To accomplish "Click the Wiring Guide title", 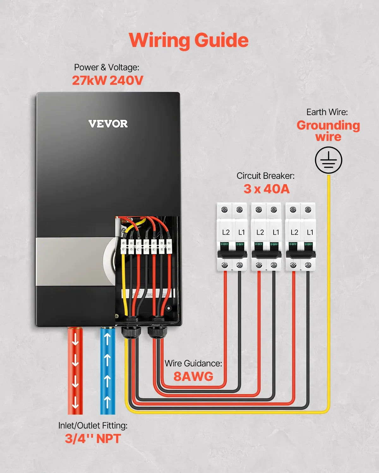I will click(189, 40).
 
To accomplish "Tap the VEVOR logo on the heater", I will click(108, 124).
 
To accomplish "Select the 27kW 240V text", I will click(107, 80).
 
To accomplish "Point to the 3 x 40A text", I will click(266, 189).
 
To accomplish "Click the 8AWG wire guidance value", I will click(193, 376).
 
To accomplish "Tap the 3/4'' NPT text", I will click(93, 439).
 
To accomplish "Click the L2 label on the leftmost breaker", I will click(226, 232).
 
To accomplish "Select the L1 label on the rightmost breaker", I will click(310, 232).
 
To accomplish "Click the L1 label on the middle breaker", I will click(276, 232).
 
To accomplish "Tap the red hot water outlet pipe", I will click(75, 371).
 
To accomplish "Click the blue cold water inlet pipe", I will click(107, 371).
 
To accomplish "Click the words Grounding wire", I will click(328, 131).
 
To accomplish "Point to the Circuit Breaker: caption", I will click(265, 176).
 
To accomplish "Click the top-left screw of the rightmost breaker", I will click(293, 209).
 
